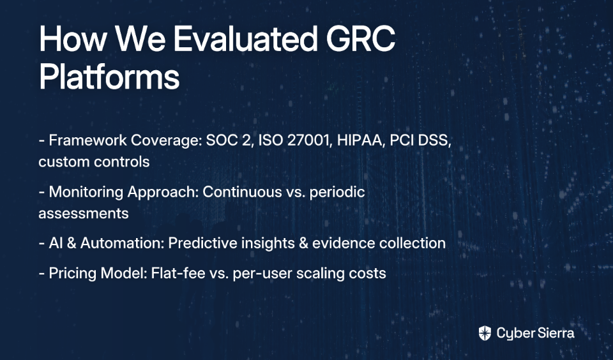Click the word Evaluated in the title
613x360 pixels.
pos(245,38)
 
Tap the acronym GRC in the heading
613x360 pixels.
pos(360,38)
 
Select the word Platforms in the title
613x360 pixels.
pos(109,77)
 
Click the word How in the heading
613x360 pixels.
pos(73,38)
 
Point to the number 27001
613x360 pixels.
pos(307,140)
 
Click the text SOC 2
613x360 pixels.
pos(227,140)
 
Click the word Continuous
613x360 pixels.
pos(242,192)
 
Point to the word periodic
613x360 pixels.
pos(337,193)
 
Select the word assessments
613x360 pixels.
pos(83,213)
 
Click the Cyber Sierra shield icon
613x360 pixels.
pos(485,333)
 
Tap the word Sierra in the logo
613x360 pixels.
pos(556,333)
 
